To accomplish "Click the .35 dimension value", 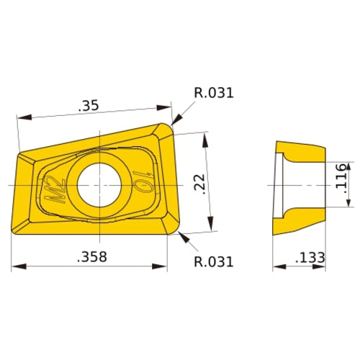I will click(89, 106).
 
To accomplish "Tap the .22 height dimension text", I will click(201, 184).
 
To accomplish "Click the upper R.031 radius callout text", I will click(214, 93).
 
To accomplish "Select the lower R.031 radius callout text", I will click(214, 261).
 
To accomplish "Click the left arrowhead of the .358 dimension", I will click(17, 267).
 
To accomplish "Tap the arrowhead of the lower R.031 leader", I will click(180, 235).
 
